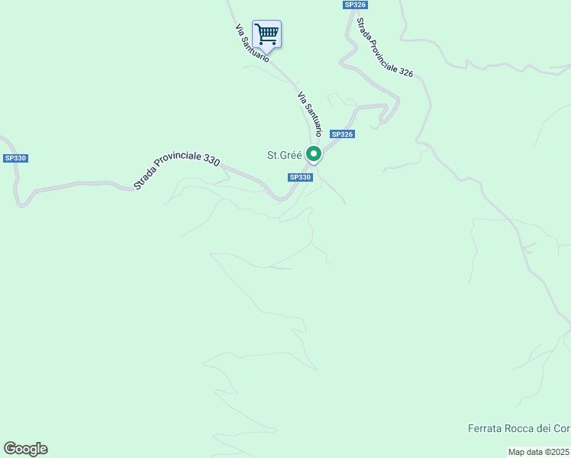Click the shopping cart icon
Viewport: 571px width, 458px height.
pyautogui.click(x=266, y=34)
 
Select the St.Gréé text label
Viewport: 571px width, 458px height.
pyautogui.click(x=284, y=155)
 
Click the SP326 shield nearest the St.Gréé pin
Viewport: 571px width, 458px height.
pyautogui.click(x=342, y=134)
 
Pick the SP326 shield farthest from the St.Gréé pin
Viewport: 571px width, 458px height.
pyautogui.click(x=355, y=5)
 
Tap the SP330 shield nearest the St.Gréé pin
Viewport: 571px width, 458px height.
pyautogui.click(x=300, y=177)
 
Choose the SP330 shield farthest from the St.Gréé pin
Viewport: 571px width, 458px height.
pyautogui.click(x=15, y=158)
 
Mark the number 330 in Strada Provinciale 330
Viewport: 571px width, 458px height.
pyautogui.click(x=211, y=160)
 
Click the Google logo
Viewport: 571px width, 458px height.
pyautogui.click(x=26, y=449)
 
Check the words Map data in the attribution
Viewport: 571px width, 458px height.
pyautogui.click(x=526, y=452)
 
